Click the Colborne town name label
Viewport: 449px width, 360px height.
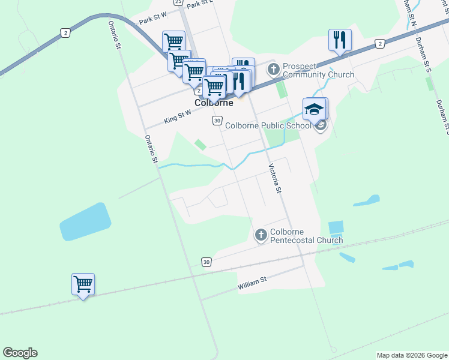coord(214,103)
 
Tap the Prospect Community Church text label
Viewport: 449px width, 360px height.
coord(318,70)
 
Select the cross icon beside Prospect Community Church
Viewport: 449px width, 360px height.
coord(274,69)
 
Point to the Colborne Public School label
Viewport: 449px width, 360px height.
coord(268,125)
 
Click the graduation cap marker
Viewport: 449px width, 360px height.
coord(315,109)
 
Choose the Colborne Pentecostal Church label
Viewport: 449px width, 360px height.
coord(306,236)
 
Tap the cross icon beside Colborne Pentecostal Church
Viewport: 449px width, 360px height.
coord(261,235)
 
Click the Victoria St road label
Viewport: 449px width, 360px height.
coord(275,178)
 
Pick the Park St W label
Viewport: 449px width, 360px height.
coord(152,20)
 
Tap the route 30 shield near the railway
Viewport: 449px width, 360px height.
coord(206,263)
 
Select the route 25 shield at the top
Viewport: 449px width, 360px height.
coord(178,2)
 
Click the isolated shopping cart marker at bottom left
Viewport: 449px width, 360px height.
coord(83,284)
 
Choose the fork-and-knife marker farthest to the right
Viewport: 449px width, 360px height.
coord(340,40)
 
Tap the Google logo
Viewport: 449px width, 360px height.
coord(20,353)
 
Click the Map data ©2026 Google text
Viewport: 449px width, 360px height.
coord(412,355)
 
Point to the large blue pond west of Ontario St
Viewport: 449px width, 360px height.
coord(85,222)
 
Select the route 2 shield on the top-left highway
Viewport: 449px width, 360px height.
coord(65,32)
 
